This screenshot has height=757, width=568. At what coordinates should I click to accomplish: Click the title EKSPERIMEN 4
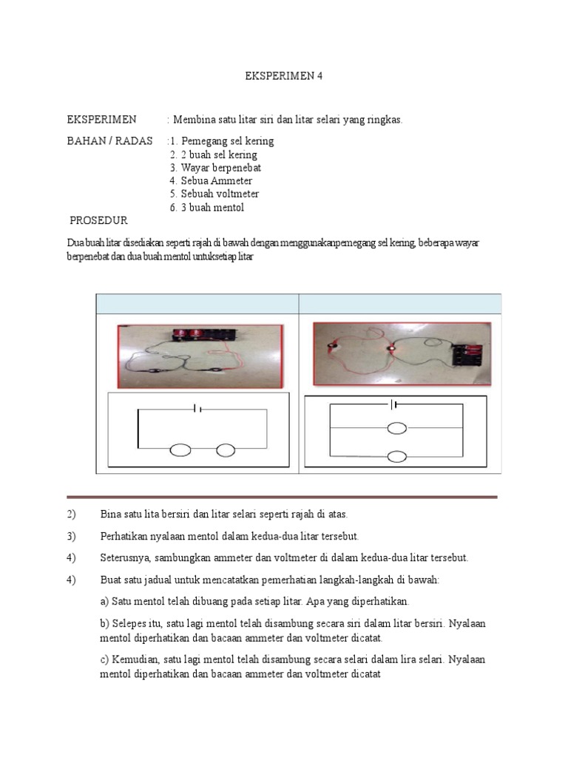click(x=284, y=76)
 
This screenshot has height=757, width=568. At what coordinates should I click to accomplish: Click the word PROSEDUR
click(x=98, y=220)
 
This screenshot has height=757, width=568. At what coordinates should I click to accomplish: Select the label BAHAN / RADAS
click(x=109, y=140)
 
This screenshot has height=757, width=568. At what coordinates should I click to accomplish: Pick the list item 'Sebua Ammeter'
click(x=215, y=180)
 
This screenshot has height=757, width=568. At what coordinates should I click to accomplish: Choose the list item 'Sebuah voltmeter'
click(x=220, y=194)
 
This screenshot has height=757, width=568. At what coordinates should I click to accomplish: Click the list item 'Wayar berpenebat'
click(x=220, y=168)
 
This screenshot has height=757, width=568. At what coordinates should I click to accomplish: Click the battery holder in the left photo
click(x=200, y=334)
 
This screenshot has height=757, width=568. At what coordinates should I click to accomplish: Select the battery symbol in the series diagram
click(x=197, y=408)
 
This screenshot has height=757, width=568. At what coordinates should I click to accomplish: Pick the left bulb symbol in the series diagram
click(x=180, y=449)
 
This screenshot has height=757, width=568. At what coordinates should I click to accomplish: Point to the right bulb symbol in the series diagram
click(x=226, y=449)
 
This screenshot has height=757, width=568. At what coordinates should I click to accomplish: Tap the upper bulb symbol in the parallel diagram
click(x=397, y=428)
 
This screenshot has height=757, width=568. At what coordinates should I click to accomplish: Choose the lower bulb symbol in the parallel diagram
click(x=397, y=456)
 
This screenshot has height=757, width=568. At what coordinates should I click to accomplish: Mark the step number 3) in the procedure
click(x=72, y=536)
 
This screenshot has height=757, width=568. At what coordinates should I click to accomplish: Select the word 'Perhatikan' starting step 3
click(x=125, y=536)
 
